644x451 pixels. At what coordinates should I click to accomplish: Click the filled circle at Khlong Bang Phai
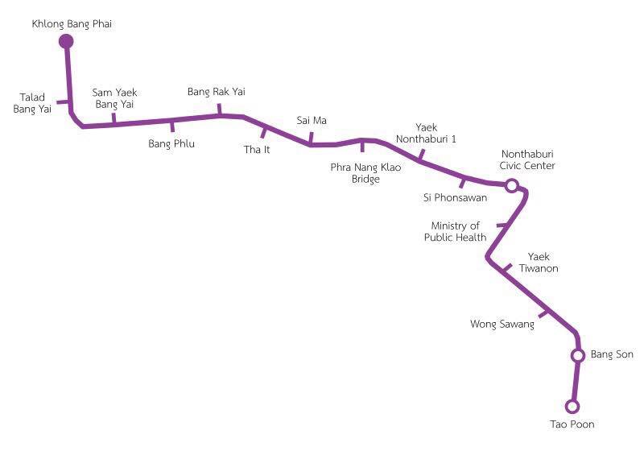[66, 42]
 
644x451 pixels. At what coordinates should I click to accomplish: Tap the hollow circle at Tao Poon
[572, 407]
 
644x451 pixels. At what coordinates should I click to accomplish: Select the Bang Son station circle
[578, 355]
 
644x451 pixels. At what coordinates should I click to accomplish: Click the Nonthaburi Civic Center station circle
[511, 186]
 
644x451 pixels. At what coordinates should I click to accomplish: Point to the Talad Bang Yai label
[32, 103]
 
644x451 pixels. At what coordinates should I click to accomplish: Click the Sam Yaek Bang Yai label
[114, 98]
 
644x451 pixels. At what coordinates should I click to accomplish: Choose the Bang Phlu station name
[171, 144]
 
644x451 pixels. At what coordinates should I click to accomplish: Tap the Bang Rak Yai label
[217, 92]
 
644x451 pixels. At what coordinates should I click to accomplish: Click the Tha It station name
[257, 150]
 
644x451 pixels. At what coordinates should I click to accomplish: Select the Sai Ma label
[312, 120]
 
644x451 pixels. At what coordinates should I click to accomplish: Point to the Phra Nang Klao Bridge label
[365, 173]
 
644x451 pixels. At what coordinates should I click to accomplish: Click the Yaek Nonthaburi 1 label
[426, 133]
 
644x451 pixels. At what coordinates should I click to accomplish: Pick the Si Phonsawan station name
[455, 197]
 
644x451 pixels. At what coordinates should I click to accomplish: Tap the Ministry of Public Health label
[455, 231]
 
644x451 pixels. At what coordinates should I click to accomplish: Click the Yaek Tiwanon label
[539, 263]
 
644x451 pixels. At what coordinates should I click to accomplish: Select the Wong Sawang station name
[502, 324]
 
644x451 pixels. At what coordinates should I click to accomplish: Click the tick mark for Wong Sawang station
[543, 314]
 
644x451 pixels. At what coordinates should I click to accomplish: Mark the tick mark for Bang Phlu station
[172, 126]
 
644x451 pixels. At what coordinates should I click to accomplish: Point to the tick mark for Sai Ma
[311, 138]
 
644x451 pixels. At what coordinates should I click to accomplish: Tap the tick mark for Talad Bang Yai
[63, 101]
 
